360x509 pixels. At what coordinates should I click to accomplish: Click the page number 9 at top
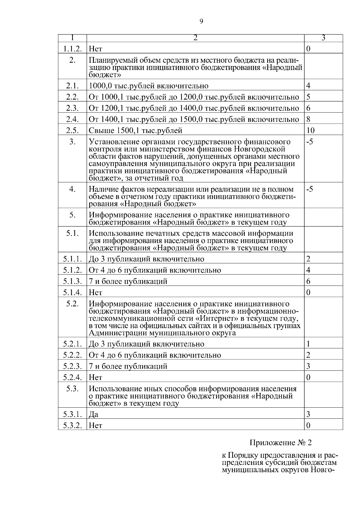201,21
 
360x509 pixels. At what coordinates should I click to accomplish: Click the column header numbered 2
195,38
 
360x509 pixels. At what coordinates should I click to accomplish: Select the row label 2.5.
72,130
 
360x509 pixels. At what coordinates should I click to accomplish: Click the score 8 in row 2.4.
308,119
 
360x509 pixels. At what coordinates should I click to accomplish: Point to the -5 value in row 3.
310,142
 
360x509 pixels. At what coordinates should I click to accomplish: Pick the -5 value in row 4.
310,189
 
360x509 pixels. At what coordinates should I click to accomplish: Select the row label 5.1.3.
72,281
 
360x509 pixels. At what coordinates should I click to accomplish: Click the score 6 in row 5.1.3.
308,281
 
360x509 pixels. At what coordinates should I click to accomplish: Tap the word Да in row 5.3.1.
93,415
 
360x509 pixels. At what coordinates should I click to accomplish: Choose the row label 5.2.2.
72,355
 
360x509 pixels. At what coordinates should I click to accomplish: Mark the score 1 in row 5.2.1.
308,344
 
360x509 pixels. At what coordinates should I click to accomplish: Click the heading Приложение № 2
281,443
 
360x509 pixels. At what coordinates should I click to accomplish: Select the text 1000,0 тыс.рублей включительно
148,86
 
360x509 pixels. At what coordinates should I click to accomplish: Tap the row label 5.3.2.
72,426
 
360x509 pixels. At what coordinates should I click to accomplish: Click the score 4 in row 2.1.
308,86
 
